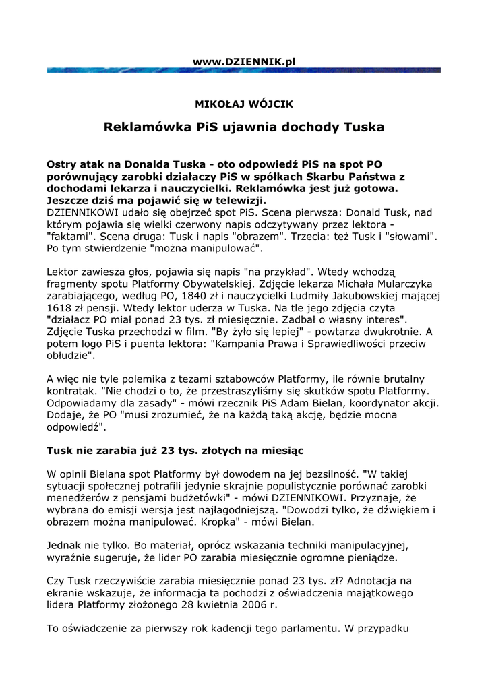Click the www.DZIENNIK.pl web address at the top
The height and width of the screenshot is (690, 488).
click(244, 61)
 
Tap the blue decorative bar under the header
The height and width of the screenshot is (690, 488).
click(244, 70)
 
